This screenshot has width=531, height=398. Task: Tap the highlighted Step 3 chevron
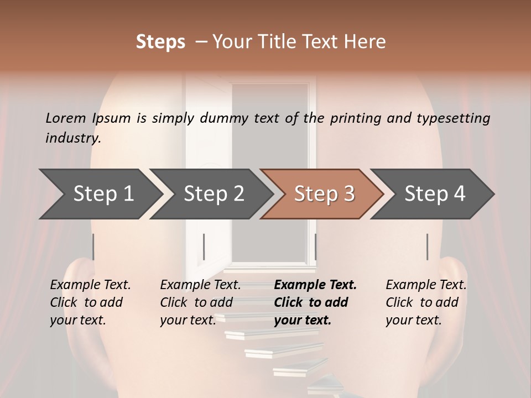click(324, 194)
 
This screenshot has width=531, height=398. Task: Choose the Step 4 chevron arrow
click(434, 194)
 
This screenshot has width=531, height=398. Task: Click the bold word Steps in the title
click(160, 41)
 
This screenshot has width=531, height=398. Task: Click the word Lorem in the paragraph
click(66, 118)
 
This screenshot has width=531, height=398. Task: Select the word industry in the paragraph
click(72, 138)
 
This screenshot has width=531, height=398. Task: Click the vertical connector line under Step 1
click(93, 247)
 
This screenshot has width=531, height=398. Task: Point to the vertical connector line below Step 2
click(204, 247)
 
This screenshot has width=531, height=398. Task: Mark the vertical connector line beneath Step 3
click(315, 247)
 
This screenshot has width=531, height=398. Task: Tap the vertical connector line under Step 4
click(427, 247)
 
